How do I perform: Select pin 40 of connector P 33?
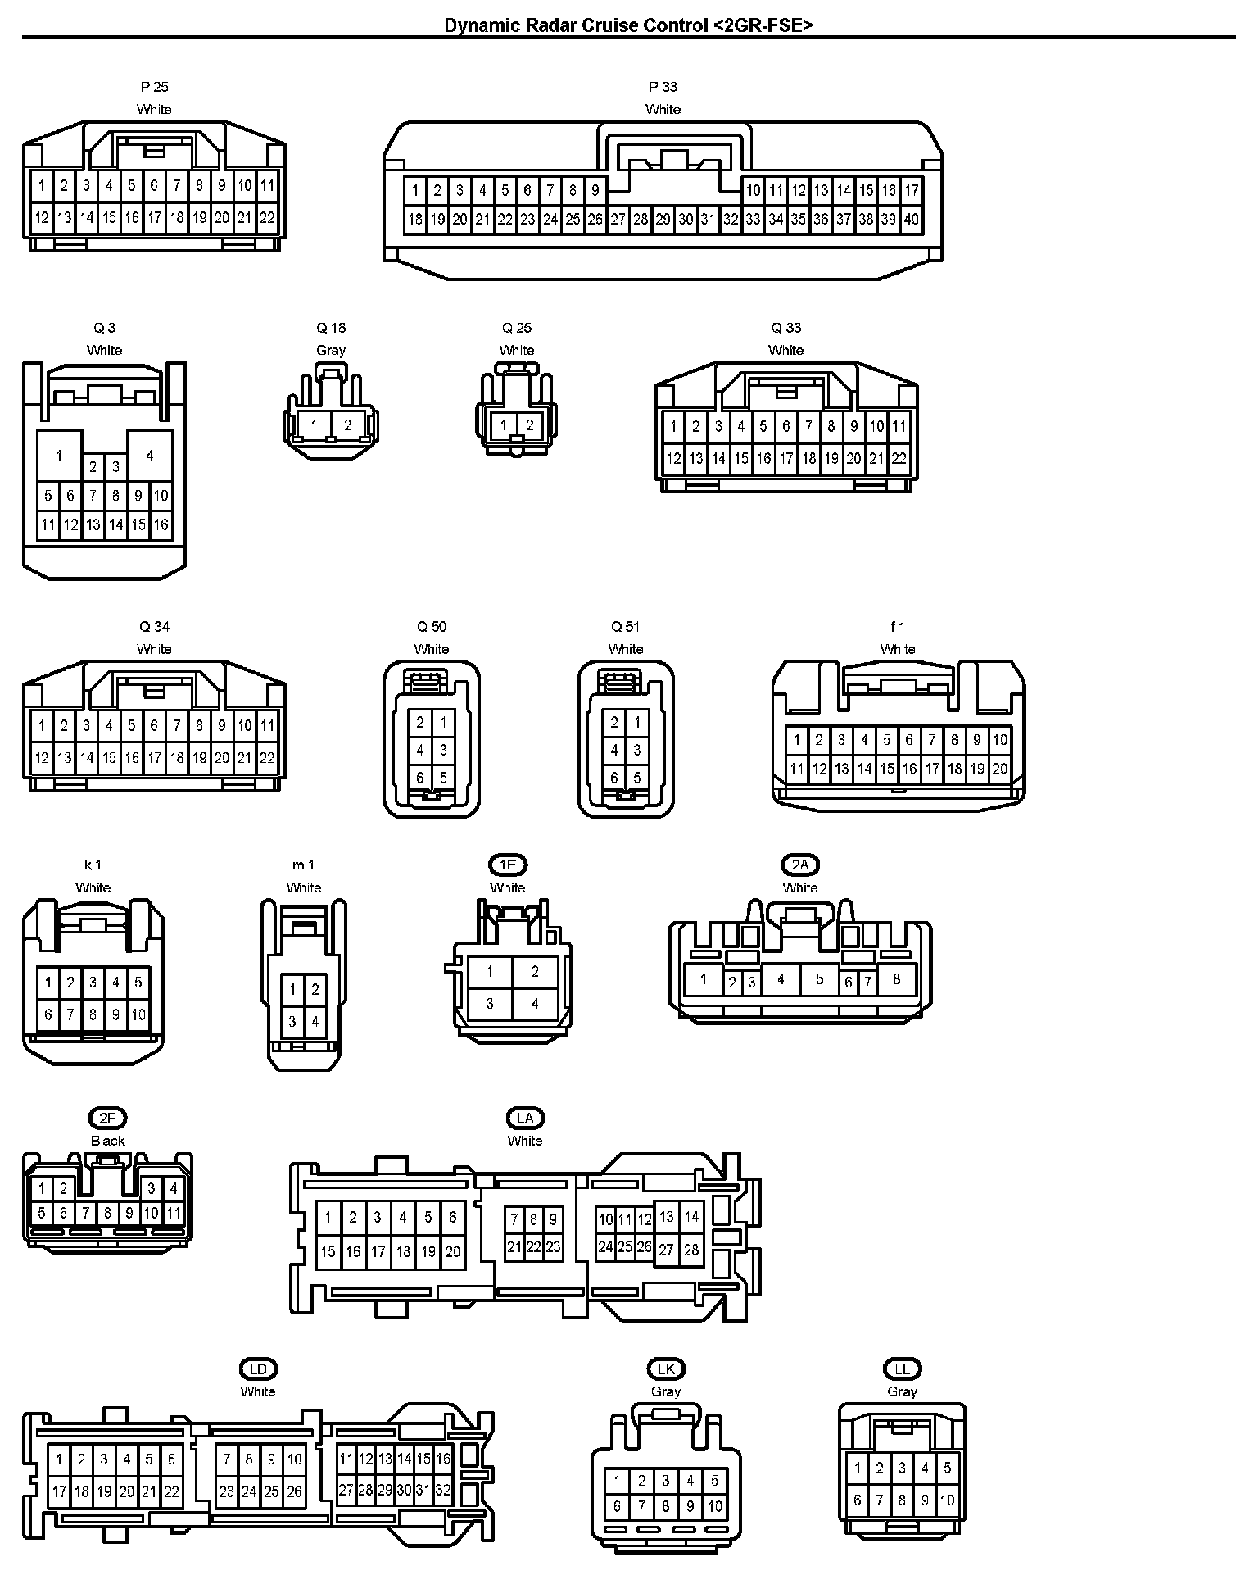tap(912, 219)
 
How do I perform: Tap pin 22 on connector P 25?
tap(267, 218)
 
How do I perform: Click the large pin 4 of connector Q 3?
tap(149, 456)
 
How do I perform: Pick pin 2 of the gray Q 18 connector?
tap(348, 425)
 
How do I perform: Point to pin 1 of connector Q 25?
tap(505, 424)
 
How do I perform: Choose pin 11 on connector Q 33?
tap(899, 426)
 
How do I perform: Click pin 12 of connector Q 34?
tap(42, 758)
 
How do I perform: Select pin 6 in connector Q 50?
tap(420, 778)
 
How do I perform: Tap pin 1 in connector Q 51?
tap(637, 723)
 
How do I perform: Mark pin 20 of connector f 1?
tap(999, 769)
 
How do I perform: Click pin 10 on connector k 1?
tap(138, 1014)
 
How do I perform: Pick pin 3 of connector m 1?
tap(292, 1022)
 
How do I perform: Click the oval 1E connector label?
tap(508, 865)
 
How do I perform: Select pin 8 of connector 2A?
tap(897, 978)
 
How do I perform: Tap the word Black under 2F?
tap(107, 1141)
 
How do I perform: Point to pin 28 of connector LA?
tap(691, 1250)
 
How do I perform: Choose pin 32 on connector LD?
tap(443, 1490)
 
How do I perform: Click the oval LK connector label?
tap(666, 1368)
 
